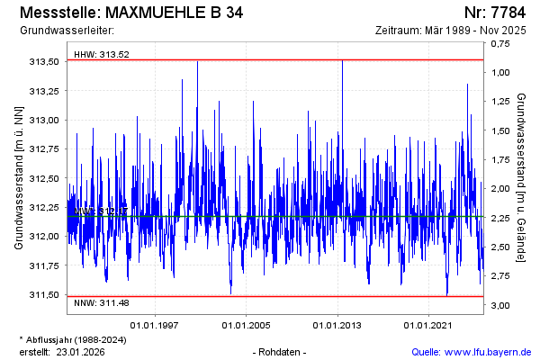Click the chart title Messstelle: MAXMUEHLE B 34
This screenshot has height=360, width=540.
click(130, 13)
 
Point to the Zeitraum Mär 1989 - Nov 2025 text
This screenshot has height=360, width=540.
click(450, 31)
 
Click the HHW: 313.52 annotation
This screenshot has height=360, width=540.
click(102, 54)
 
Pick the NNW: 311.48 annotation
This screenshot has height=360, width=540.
click(102, 302)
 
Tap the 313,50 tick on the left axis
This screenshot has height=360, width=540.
click(45, 61)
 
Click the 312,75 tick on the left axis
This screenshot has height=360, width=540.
click(45, 148)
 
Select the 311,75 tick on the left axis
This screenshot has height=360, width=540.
click(45, 265)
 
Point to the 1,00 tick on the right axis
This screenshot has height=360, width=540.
click(501, 72)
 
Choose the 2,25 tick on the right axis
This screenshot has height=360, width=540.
click(501, 218)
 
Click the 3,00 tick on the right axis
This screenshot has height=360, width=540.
click(501, 305)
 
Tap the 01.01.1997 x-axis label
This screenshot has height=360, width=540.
click(156, 325)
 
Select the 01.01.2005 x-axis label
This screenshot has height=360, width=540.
click(247, 325)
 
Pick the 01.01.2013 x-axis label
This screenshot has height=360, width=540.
click(337, 325)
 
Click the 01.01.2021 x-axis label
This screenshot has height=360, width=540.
click(428, 325)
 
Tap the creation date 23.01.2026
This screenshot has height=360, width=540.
click(81, 351)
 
